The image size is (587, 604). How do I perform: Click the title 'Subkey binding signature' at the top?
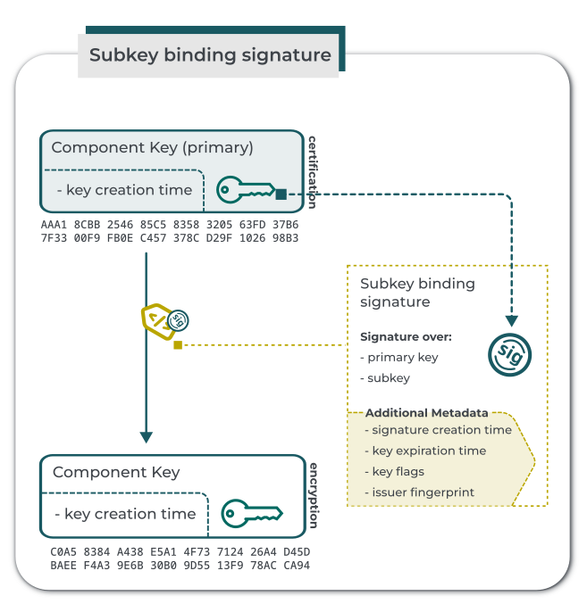click(210, 55)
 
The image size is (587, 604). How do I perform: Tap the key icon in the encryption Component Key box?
click(251, 513)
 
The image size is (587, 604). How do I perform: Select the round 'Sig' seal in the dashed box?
click(510, 353)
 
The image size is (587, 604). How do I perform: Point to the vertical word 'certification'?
click(313, 171)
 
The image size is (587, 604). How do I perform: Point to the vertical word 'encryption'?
click(314, 495)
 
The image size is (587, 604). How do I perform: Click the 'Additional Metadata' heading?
click(427, 413)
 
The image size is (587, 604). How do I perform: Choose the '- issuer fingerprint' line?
click(423, 492)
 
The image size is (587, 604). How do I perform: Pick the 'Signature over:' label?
click(406, 336)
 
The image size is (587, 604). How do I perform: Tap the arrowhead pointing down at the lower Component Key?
click(147, 436)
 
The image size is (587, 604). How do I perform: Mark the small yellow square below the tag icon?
click(178, 344)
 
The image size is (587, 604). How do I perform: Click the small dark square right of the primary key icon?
click(281, 194)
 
